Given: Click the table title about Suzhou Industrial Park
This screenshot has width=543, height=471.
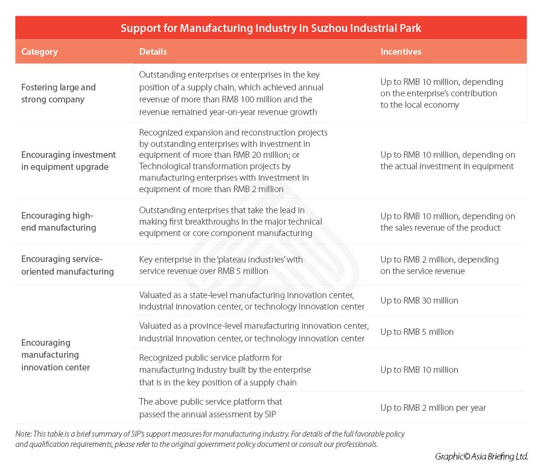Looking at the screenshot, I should pos(270,28).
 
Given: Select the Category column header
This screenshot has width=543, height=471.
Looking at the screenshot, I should pos(39,52).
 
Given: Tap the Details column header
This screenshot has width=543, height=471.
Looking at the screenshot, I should pos(153,52).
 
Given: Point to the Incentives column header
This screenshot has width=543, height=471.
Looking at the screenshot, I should pos(401,52).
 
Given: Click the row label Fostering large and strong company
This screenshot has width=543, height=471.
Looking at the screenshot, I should pos(58,93).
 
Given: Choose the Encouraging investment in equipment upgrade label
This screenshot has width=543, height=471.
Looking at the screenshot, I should pos(68,161).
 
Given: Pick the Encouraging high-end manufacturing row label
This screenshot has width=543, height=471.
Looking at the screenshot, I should pos(59,222).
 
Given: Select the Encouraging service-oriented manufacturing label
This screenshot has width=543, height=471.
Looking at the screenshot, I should pos(67,265).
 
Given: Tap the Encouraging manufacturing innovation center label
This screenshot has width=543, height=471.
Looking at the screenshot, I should pos(56,355).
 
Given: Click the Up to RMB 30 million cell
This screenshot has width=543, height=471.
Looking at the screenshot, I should pos(419,301).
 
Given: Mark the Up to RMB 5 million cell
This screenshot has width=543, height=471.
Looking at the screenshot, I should pos(417,332).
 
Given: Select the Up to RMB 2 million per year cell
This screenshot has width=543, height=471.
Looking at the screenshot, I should pos(433,408).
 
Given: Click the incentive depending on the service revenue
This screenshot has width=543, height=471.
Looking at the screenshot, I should pos(439,265).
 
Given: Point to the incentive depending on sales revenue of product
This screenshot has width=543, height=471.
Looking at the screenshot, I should pos(447,222).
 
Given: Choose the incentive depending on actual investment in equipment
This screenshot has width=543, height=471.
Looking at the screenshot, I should pos(447,161).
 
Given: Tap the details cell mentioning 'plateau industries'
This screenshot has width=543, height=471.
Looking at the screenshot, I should pos(221,265).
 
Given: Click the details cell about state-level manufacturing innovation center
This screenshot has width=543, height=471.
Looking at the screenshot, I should pos(252,301).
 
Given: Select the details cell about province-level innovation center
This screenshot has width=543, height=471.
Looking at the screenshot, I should pos(253,332).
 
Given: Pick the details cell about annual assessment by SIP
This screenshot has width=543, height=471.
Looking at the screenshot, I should pos(211,408).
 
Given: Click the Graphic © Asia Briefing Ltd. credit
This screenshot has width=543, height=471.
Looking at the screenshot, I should pos(481,457).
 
